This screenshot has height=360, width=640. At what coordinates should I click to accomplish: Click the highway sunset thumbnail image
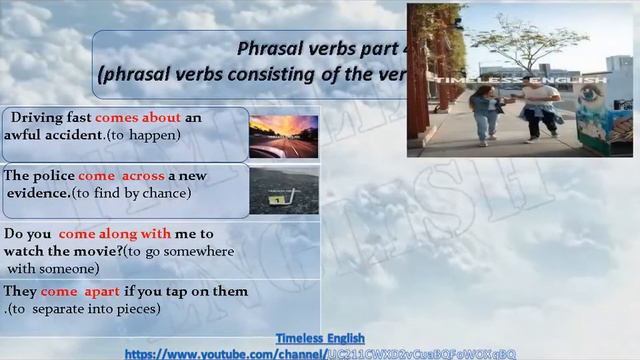pyautogui.click(x=284, y=136)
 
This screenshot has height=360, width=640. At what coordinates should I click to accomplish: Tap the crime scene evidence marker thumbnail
pyautogui.click(x=284, y=190)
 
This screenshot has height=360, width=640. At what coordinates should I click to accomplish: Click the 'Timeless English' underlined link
pyautogui.click(x=320, y=339)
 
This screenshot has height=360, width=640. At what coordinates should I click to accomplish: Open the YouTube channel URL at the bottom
pyautogui.click(x=320, y=354)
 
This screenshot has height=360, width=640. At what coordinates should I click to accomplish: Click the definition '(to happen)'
pyautogui.click(x=147, y=135)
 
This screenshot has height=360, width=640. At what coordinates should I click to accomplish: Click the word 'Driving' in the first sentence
pyautogui.click(x=36, y=118)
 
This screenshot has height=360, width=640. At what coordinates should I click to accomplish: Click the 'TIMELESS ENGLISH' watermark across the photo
pyautogui.click(x=540, y=79)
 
